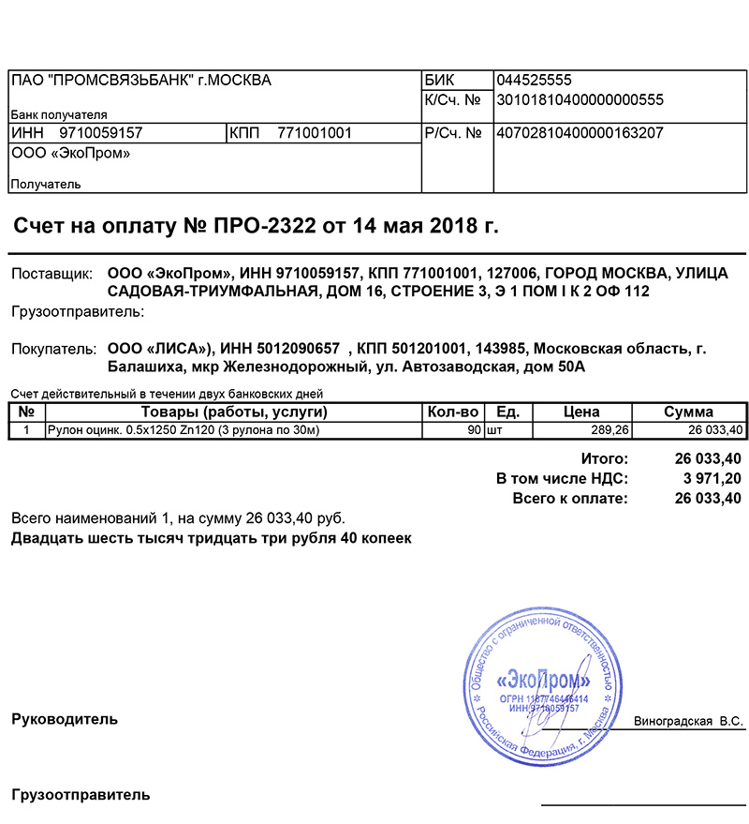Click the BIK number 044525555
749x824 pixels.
(x=534, y=81)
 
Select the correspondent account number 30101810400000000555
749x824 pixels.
(x=580, y=99)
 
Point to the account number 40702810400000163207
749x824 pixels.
(x=580, y=133)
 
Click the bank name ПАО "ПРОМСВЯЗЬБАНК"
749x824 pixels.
(x=102, y=81)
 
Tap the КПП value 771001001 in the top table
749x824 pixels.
(x=314, y=133)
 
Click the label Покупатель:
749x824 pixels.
(x=54, y=349)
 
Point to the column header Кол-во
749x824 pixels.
(x=453, y=412)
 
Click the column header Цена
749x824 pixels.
(x=581, y=412)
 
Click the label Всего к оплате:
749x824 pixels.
(x=570, y=498)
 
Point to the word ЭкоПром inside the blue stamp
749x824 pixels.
(x=544, y=680)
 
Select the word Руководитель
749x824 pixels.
(x=65, y=720)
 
